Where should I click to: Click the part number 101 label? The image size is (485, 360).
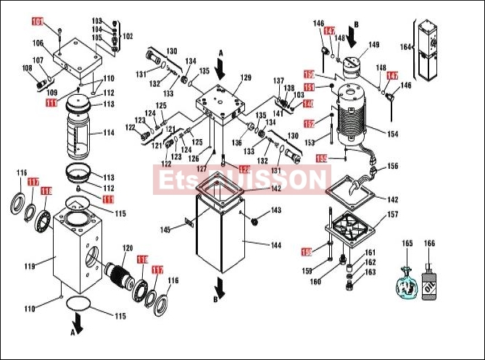[x=37, y=21]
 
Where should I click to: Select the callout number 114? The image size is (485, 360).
[x=109, y=133]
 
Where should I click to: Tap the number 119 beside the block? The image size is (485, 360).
[x=30, y=267]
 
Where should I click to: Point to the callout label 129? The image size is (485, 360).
[x=246, y=78]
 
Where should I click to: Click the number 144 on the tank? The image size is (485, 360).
[x=275, y=245]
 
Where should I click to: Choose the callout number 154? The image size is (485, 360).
[x=392, y=134]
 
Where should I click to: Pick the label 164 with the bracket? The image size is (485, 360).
[x=405, y=47]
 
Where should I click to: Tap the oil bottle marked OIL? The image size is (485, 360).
[x=429, y=278]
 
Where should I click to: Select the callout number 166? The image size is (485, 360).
[x=429, y=243]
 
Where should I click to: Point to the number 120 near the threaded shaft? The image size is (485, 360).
[x=128, y=248]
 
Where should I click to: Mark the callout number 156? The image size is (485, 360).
[x=392, y=166]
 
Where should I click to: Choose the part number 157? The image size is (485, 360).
[x=392, y=214]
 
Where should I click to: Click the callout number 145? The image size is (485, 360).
[x=165, y=230]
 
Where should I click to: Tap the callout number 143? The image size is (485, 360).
[x=275, y=211]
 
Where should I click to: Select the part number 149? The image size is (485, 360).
[x=373, y=45]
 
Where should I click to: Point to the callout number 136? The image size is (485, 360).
[x=236, y=143]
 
